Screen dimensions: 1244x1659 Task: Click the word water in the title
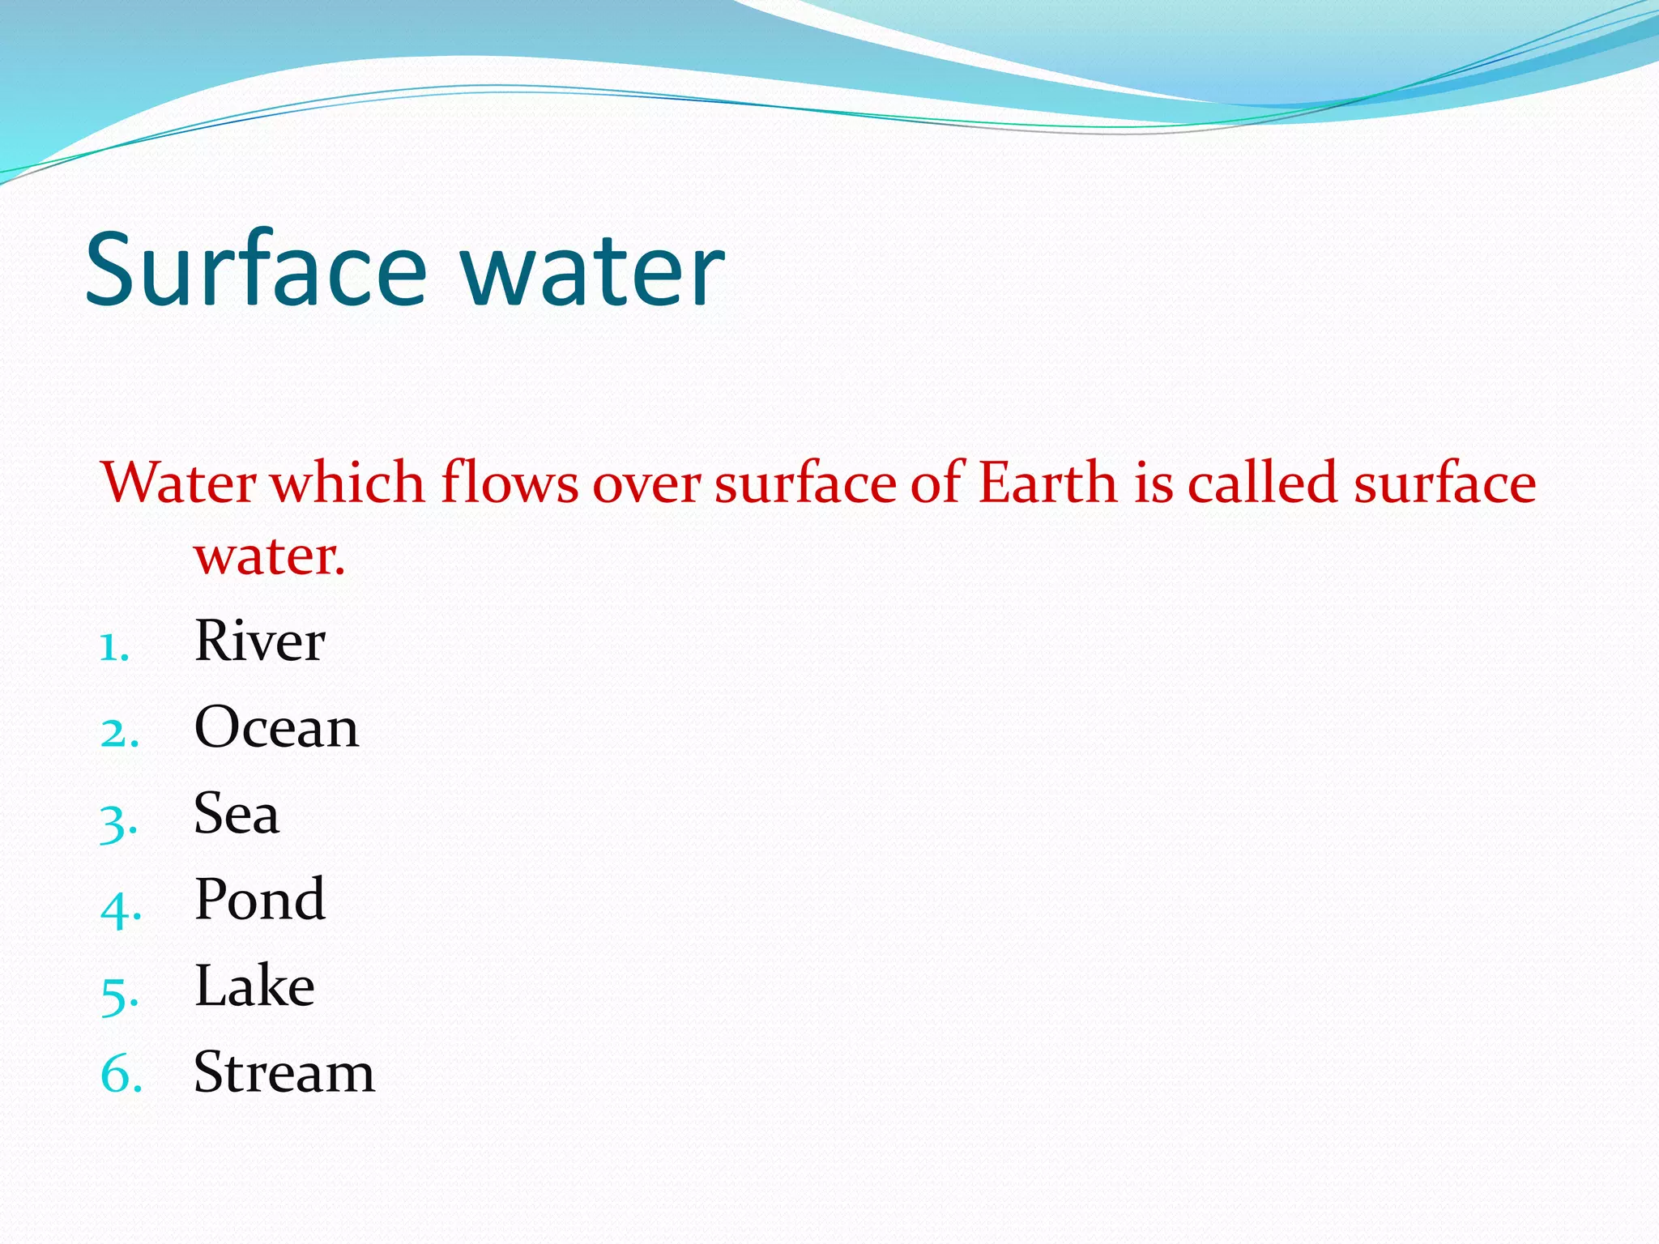[x=593, y=271]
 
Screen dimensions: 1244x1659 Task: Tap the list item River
[x=259, y=641]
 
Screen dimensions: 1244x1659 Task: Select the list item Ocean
[x=276, y=727]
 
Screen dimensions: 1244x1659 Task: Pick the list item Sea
[x=237, y=813]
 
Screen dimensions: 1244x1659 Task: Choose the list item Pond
[x=260, y=900]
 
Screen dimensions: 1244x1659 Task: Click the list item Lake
[x=254, y=986]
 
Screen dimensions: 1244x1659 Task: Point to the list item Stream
[x=284, y=1072]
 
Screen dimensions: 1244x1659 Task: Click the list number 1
[x=114, y=648]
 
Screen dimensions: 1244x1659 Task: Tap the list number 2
[x=119, y=734]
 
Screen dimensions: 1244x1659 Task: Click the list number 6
[x=121, y=1076]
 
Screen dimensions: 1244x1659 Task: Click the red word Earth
[x=1048, y=484]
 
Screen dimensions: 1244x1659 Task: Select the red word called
[x=1262, y=484]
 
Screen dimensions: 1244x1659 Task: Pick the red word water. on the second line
[x=270, y=557]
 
